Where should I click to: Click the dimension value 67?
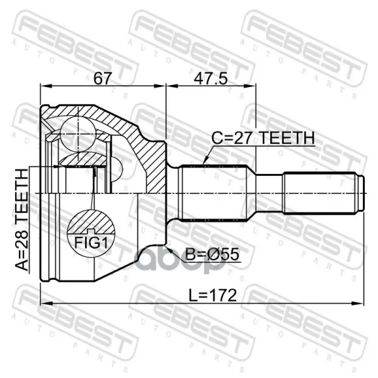click(x=103, y=78)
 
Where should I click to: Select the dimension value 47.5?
click(x=210, y=78)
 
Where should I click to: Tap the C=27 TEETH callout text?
click(x=263, y=138)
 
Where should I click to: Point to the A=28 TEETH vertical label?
click(x=21, y=220)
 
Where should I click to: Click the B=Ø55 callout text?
click(x=213, y=254)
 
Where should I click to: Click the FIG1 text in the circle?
click(x=91, y=243)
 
